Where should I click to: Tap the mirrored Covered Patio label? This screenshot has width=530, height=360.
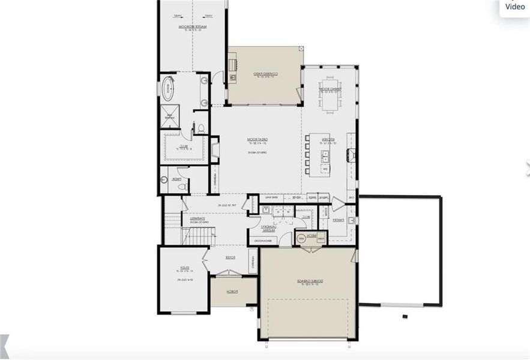point(264,75)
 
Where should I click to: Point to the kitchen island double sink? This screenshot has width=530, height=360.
point(325,157)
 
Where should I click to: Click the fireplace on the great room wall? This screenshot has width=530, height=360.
point(214,149)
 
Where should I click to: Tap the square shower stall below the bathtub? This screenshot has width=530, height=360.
point(169,116)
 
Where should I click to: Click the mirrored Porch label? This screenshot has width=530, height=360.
point(232,292)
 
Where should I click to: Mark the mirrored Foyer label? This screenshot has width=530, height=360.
point(230,257)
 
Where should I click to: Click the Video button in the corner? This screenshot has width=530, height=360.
point(514,7)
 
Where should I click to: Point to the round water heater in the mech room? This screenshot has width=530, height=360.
point(301,238)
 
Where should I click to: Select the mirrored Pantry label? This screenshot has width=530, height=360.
point(339,220)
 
